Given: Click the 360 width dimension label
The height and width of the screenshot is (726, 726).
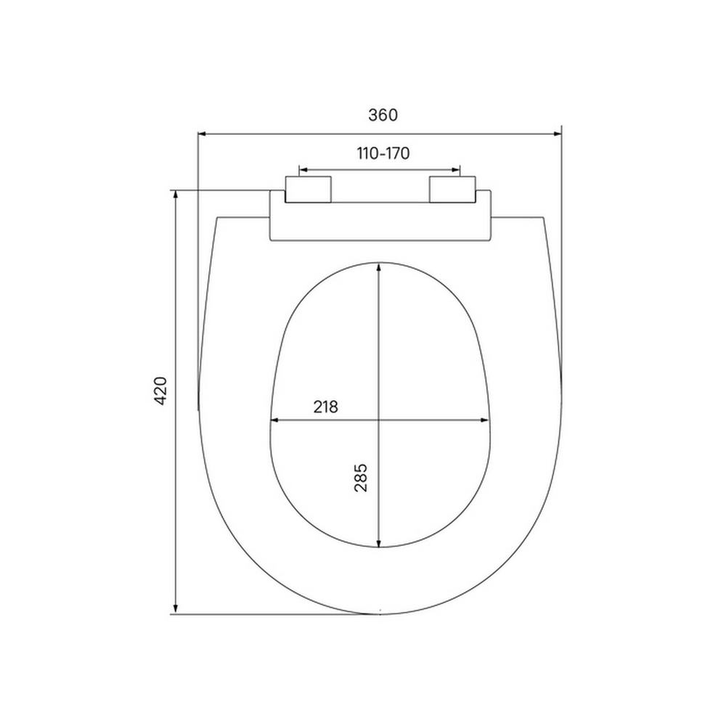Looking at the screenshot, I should (x=383, y=115).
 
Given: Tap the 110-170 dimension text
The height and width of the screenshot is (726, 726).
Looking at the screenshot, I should (x=383, y=153).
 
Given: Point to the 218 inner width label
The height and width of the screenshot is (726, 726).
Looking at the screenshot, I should (x=325, y=407).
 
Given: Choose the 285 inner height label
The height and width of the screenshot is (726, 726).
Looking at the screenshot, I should (x=361, y=478).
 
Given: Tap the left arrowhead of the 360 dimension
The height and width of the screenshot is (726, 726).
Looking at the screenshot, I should (x=204, y=134).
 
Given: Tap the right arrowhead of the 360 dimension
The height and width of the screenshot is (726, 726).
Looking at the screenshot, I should (x=557, y=134).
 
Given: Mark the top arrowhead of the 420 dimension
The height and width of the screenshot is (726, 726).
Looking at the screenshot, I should (x=175, y=195).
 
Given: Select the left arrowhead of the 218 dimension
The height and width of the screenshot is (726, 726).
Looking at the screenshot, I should (x=274, y=420).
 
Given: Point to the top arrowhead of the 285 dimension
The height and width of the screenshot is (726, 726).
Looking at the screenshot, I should (x=379, y=268).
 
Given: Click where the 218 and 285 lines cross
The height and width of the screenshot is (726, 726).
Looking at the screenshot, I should (x=379, y=420).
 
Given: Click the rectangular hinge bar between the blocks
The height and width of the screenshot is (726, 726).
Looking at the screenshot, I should (x=380, y=221).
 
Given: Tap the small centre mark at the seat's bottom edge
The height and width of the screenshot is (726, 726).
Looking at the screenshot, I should (x=380, y=611).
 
